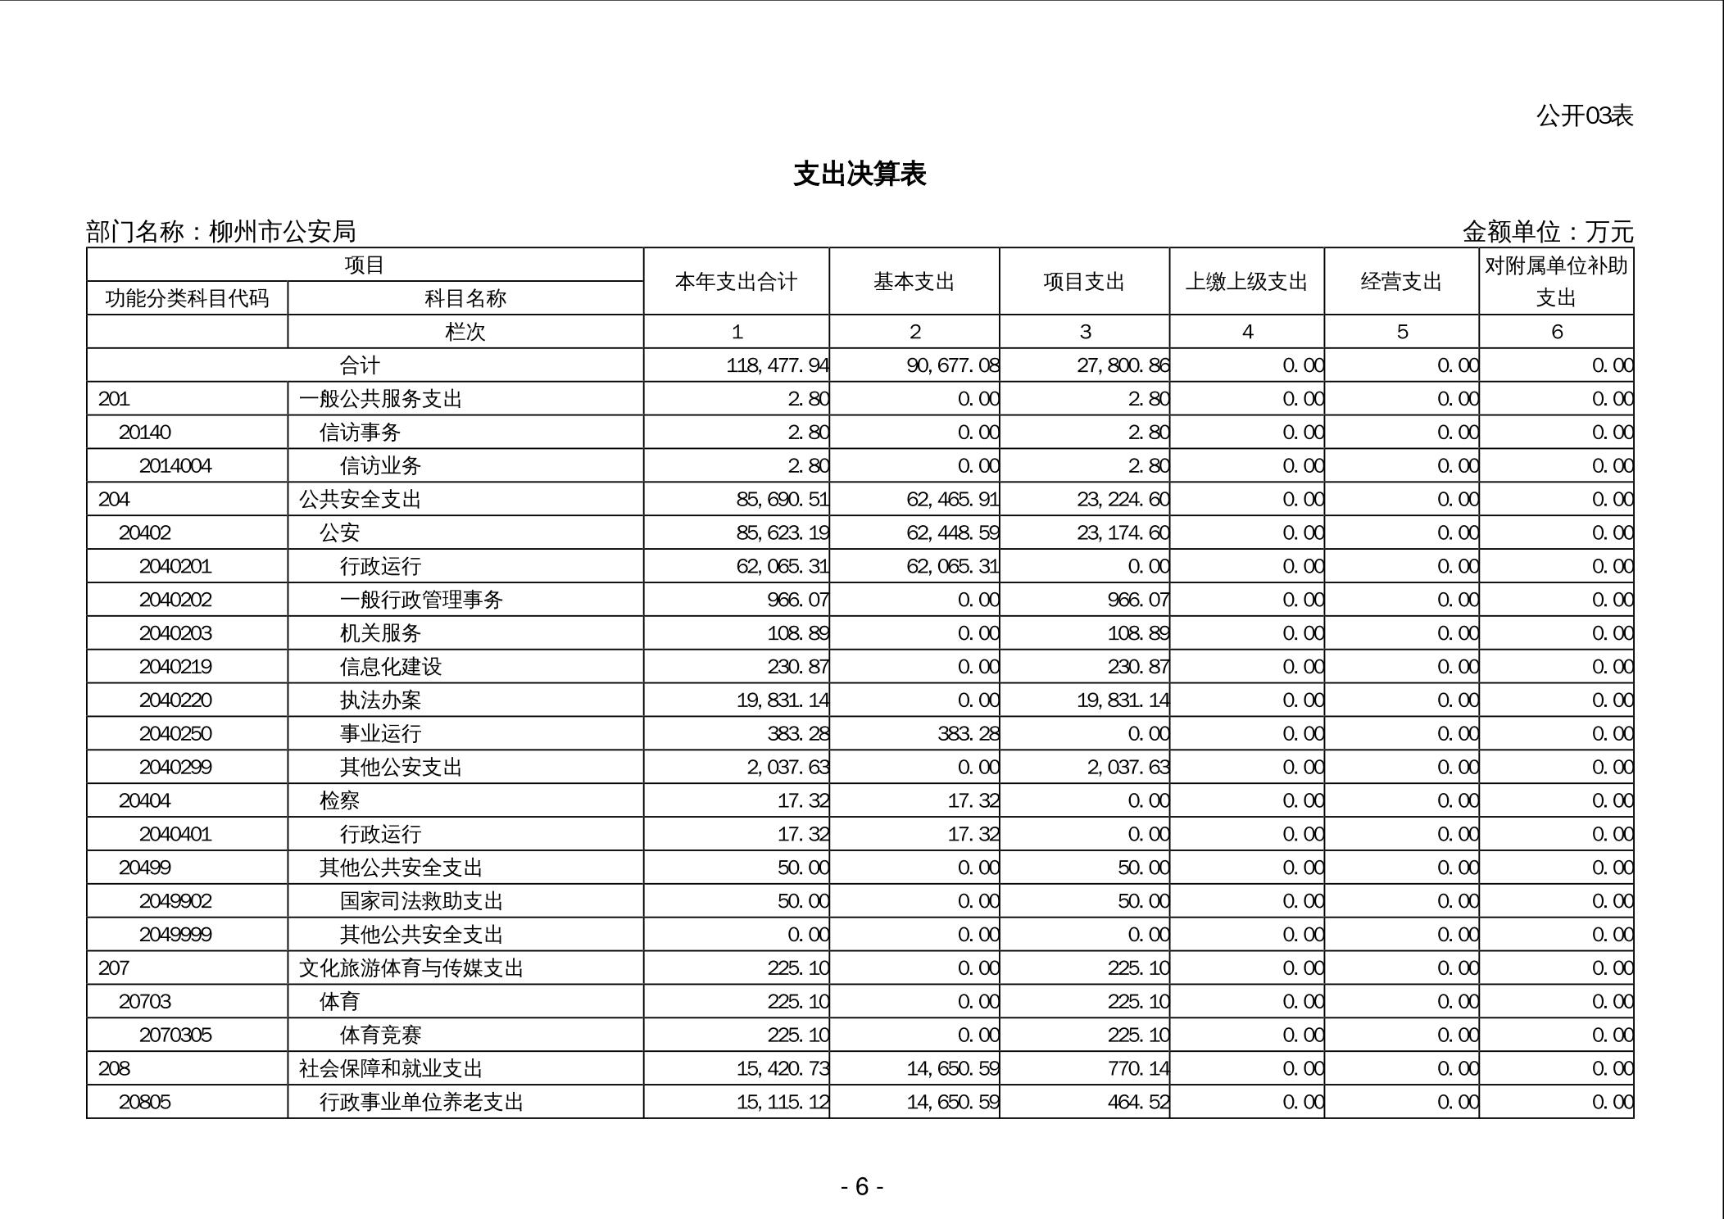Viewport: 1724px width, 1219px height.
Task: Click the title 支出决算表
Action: tap(860, 174)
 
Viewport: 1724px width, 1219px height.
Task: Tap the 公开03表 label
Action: tap(1584, 116)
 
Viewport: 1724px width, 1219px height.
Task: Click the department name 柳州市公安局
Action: tap(283, 232)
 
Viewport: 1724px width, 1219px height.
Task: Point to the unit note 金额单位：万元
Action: tap(1547, 232)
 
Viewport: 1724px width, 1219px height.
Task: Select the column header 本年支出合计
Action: tap(736, 282)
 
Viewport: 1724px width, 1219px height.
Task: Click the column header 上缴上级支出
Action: tap(1246, 282)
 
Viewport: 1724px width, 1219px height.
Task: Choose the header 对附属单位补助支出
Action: tap(1556, 282)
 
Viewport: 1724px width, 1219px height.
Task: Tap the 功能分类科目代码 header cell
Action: tap(187, 298)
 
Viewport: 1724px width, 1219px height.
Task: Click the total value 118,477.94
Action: tap(777, 365)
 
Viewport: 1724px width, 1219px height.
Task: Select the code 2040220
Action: tap(175, 700)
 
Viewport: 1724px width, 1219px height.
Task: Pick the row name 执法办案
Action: tap(380, 700)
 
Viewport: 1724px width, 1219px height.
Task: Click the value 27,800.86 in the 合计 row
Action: tap(1123, 365)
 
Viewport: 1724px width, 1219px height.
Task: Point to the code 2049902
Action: tap(175, 901)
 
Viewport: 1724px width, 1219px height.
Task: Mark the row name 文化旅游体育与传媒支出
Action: tap(411, 968)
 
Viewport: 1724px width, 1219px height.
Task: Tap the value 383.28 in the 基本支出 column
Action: tap(968, 734)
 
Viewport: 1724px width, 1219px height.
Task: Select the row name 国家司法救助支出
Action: tap(421, 901)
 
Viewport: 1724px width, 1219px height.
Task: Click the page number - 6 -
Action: tap(861, 1186)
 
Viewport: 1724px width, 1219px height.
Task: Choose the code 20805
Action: tap(145, 1102)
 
